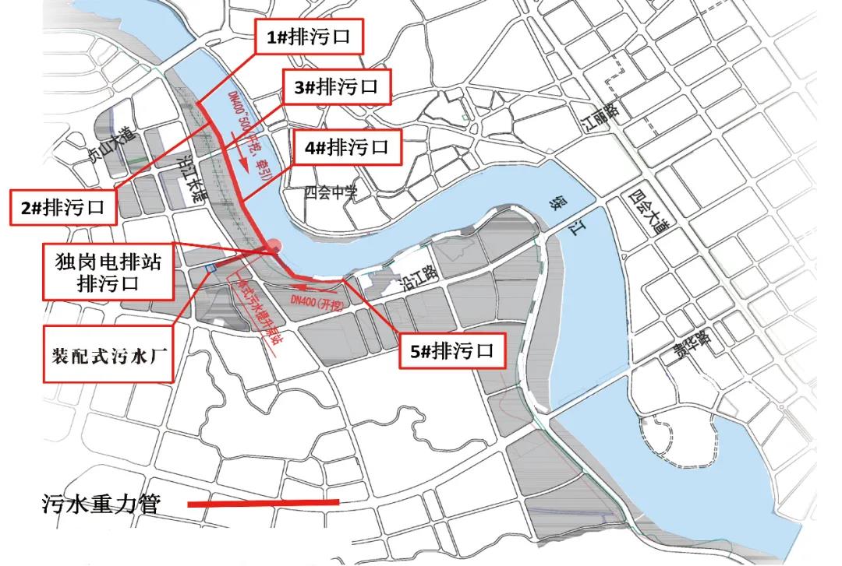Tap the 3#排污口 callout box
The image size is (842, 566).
coord(336,87)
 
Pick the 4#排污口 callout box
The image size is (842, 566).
coord(346,146)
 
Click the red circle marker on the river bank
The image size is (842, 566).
coord(273,247)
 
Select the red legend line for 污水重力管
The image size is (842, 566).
coord(264,504)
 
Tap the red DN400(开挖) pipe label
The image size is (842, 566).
coord(317,298)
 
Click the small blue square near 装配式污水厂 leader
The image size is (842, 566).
coord(210,268)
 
